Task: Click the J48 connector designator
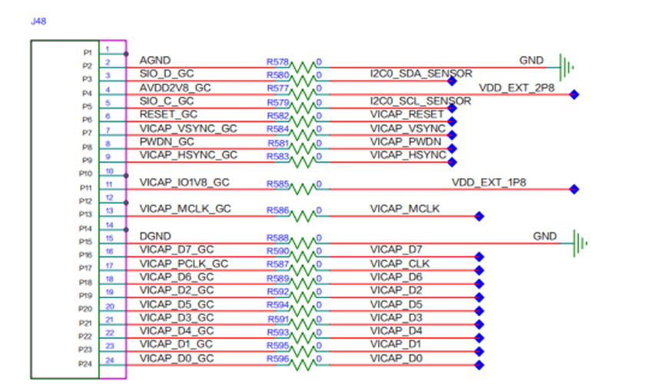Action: click(x=38, y=21)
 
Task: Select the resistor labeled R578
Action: click(x=303, y=67)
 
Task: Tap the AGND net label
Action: click(x=155, y=61)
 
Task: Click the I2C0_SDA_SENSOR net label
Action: click(x=421, y=74)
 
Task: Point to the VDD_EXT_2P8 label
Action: click(x=517, y=87)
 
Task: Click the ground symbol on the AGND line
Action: click(x=566, y=67)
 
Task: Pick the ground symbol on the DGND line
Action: click(x=580, y=243)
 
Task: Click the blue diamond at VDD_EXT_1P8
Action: click(x=574, y=189)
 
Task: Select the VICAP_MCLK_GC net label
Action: click(x=185, y=209)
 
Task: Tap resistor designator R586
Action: click(x=278, y=211)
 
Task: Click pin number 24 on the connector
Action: click(x=110, y=360)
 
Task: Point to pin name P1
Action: click(x=88, y=53)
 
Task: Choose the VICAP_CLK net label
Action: click(x=399, y=264)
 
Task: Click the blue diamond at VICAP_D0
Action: click(x=479, y=365)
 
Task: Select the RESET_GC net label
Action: click(x=168, y=114)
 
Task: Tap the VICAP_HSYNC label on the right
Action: click(x=408, y=155)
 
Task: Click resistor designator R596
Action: click(x=278, y=359)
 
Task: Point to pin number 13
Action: click(x=109, y=211)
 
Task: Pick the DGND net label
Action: click(x=155, y=236)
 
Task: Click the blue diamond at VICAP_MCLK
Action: click(x=479, y=216)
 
